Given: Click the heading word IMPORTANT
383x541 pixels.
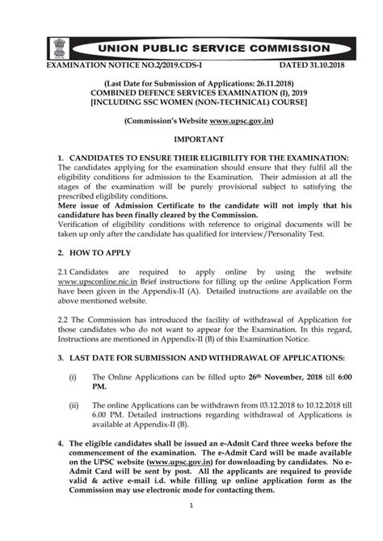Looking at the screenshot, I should tap(191, 140).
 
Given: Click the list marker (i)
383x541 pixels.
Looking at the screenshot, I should tap(74, 376).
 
